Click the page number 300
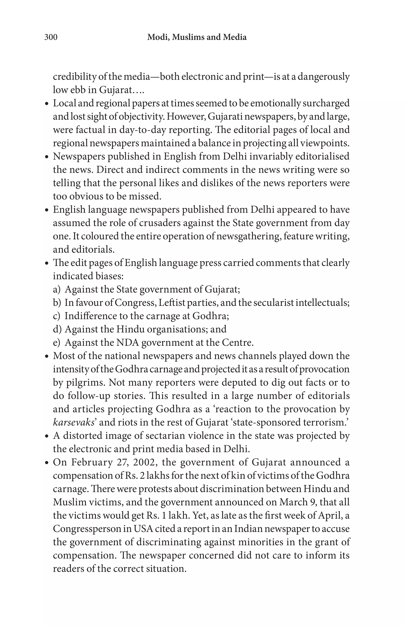51,37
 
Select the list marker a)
57,289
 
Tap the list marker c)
57,316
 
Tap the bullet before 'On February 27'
47,463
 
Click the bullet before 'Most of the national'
47,356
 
